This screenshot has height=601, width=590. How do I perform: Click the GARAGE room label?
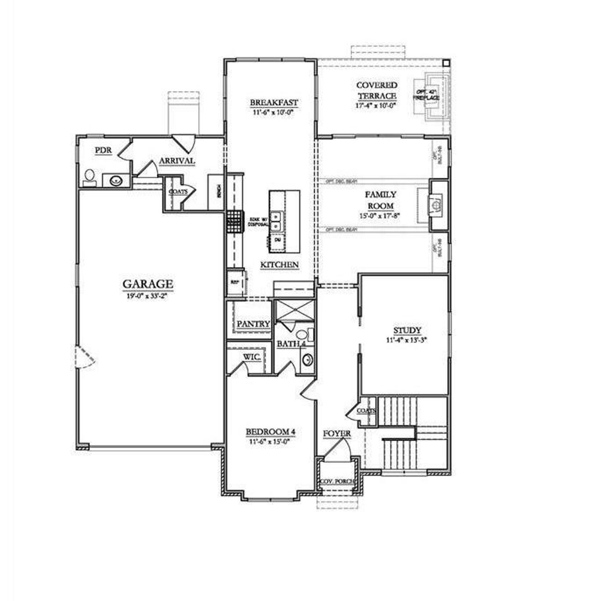(x=147, y=284)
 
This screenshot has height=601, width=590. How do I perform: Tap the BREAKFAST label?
(x=274, y=103)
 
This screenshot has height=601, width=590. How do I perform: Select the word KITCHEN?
(x=279, y=265)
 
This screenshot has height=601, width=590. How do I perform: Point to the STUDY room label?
(x=407, y=330)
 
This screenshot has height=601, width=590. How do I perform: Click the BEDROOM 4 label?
(x=270, y=432)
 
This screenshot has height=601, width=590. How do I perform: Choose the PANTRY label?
(x=253, y=324)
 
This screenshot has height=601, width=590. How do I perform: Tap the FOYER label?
(x=336, y=434)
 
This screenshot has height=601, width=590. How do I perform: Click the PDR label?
(x=103, y=150)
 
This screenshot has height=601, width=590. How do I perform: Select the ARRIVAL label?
(x=177, y=161)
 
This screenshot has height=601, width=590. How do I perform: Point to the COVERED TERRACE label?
(x=377, y=90)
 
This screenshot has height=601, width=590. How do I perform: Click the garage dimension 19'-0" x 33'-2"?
(x=147, y=297)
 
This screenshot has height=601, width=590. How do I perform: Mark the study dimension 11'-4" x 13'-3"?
(x=407, y=341)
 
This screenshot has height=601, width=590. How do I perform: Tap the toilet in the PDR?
(x=90, y=178)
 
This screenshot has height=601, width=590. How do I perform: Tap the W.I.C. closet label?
(x=252, y=357)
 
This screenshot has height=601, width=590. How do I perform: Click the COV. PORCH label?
(x=338, y=481)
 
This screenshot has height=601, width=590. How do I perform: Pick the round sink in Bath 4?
(x=307, y=359)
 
